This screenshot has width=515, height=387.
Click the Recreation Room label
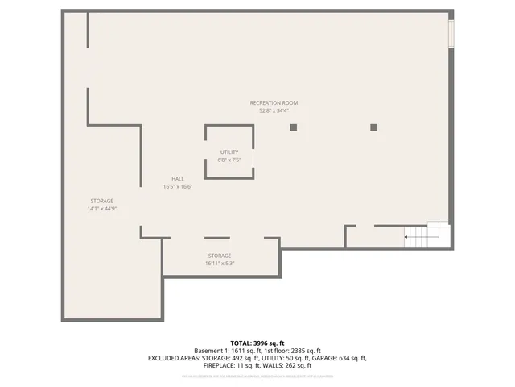click(274, 103)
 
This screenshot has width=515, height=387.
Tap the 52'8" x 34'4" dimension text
click(274, 111)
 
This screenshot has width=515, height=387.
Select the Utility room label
click(229, 152)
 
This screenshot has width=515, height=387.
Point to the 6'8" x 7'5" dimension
click(229, 160)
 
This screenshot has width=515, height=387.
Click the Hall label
click(178, 178)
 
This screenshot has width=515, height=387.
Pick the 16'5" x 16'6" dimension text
click(178, 186)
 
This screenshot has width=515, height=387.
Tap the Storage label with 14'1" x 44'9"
click(101, 201)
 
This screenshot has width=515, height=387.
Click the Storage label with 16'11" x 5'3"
click(220, 255)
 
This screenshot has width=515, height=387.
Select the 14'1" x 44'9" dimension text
click(101, 209)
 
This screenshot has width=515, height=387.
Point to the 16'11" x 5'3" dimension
click(220, 263)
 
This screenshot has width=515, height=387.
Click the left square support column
click(294, 127)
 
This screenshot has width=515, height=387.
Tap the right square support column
click(373, 127)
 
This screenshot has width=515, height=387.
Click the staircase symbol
click(426, 234)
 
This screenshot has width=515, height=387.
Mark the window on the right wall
click(451, 33)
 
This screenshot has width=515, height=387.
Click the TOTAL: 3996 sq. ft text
click(257, 343)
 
